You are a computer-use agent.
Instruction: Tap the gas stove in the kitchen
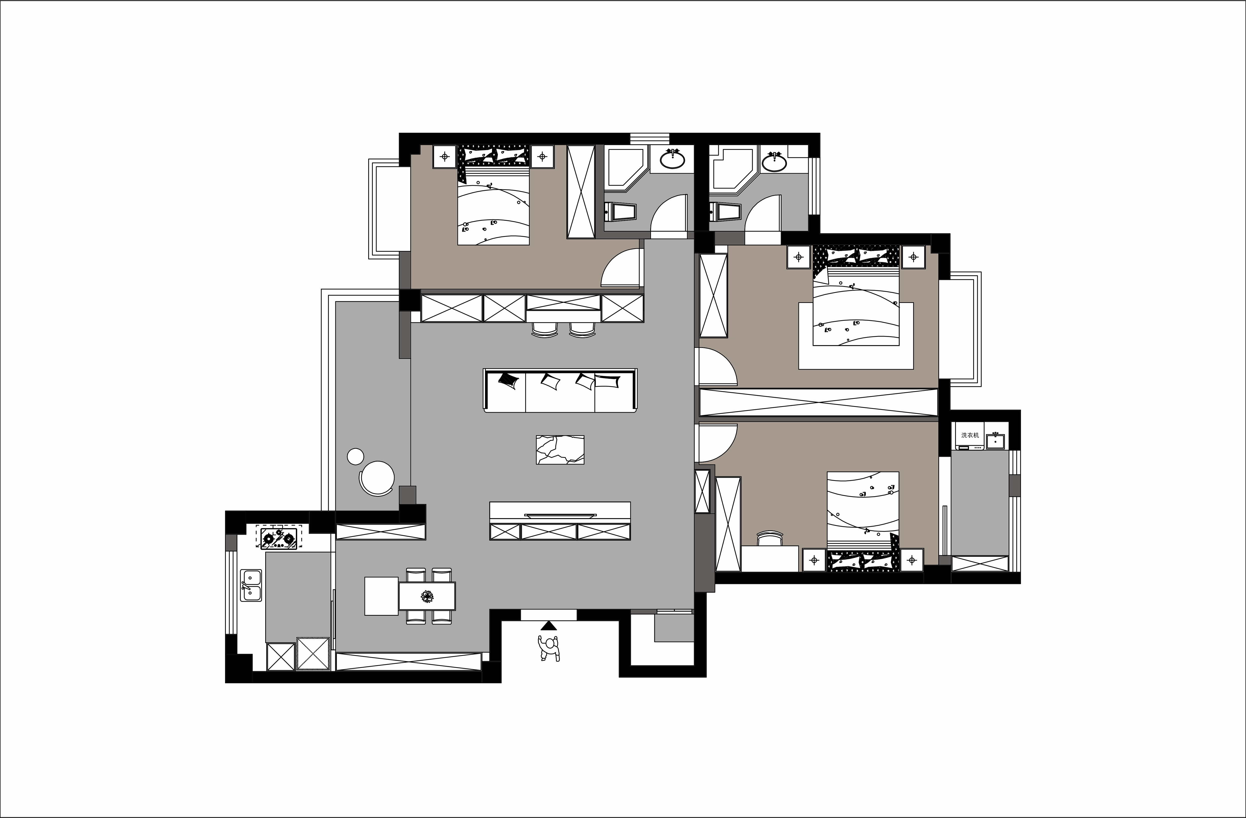[279, 537]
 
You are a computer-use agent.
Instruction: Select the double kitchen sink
[251, 585]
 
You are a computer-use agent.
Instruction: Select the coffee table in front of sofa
[560, 450]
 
